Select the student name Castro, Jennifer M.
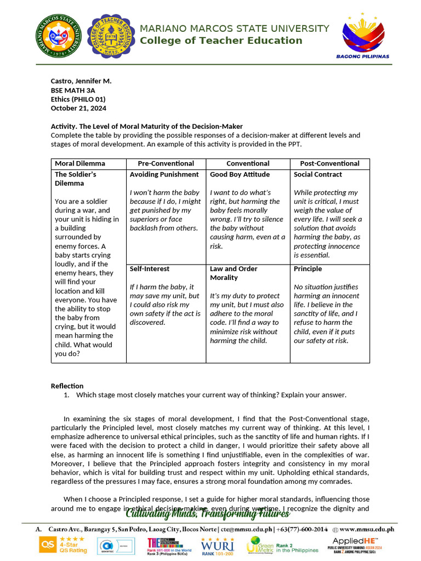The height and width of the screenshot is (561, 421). (x=81, y=81)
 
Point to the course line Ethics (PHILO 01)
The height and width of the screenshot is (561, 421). (x=78, y=100)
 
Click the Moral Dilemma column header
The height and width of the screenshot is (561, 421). (x=80, y=164)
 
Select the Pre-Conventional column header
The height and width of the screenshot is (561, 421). (x=166, y=164)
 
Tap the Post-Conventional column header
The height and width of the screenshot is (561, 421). (x=329, y=164)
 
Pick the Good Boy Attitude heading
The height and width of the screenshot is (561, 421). (x=240, y=175)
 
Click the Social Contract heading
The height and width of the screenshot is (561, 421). (x=317, y=175)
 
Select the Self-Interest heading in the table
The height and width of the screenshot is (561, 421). (x=149, y=269)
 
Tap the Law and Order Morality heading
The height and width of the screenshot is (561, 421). (x=234, y=273)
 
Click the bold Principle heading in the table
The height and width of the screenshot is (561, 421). (x=308, y=269)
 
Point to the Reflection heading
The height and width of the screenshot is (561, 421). (x=67, y=386)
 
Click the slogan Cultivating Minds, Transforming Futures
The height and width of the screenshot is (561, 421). (x=208, y=513)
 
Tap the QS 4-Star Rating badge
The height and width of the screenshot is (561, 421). (x=62, y=545)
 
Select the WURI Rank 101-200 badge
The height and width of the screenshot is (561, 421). (x=218, y=545)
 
